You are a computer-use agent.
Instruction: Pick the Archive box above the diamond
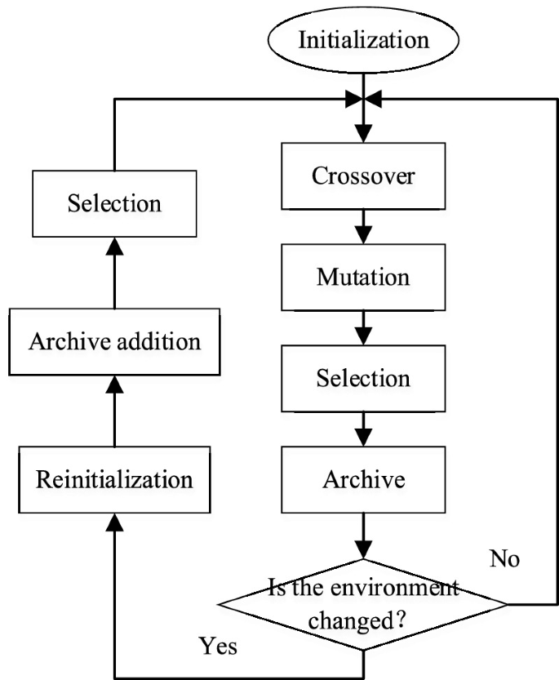click(362, 479)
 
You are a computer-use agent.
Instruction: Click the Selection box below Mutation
click(362, 379)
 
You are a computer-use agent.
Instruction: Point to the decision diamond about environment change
click(362, 605)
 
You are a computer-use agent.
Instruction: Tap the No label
click(504, 560)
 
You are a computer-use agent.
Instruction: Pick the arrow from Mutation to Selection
click(362, 328)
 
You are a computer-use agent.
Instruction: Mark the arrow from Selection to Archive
click(362, 429)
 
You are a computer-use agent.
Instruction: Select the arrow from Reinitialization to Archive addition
click(113, 408)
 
